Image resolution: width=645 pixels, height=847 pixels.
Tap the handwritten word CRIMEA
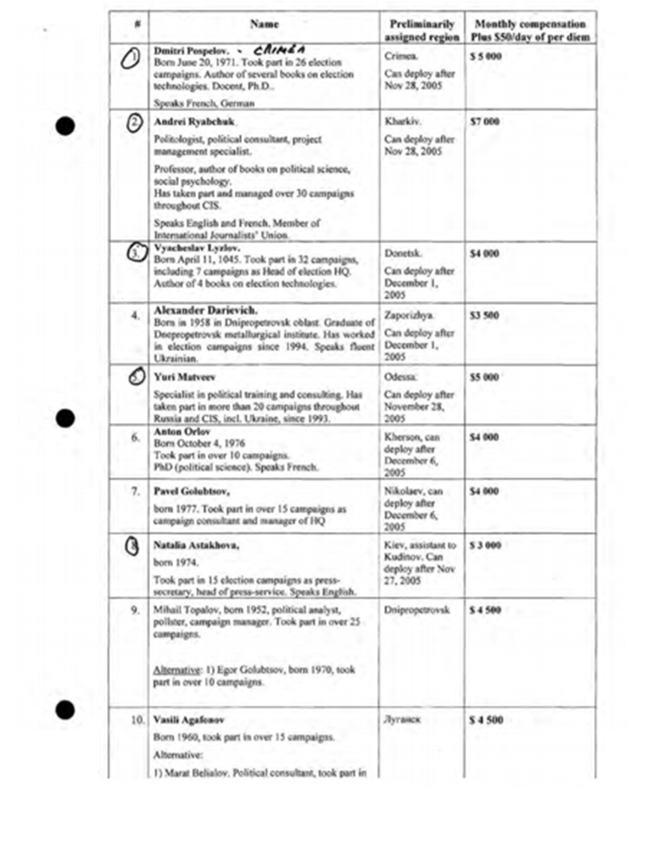tap(280, 50)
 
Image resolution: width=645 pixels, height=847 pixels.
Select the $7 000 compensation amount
tap(484, 122)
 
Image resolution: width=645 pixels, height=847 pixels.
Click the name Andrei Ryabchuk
tap(194, 122)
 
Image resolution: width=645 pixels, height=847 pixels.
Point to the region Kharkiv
tap(402, 122)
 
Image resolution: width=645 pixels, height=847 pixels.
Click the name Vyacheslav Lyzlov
tap(197, 248)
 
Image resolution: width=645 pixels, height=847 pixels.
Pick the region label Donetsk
tap(403, 253)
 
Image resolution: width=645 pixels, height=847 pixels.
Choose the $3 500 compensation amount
tap(484, 315)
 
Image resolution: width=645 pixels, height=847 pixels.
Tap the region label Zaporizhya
tap(409, 315)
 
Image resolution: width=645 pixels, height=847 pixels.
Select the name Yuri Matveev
tap(185, 377)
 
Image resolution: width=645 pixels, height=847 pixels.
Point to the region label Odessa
tap(400, 377)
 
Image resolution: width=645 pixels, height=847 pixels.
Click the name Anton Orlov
tap(181, 432)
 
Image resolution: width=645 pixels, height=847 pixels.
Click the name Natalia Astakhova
tap(196, 545)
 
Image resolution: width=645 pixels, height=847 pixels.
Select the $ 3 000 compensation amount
tap(485, 545)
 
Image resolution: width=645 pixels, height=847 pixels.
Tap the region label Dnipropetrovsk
tap(417, 610)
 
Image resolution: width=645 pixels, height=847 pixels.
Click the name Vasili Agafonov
tap(189, 720)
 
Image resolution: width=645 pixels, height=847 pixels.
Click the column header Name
tap(264, 24)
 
